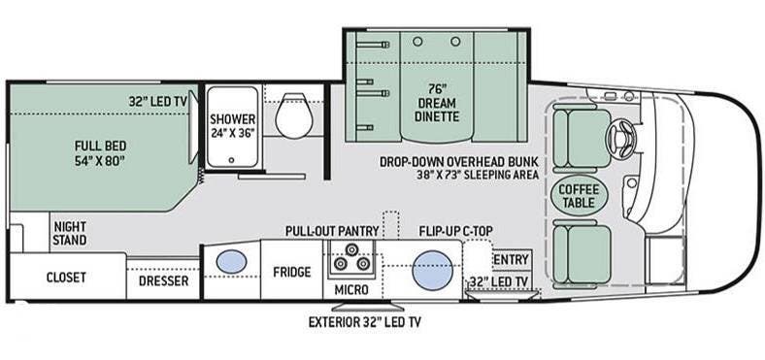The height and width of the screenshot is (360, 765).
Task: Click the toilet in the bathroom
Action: click(294, 115)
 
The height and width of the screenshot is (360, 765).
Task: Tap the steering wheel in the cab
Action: click(621, 138)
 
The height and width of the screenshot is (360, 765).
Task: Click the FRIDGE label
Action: click(292, 272)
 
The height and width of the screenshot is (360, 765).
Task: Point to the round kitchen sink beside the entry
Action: click(433, 271)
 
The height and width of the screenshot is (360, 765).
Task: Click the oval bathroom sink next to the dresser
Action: click(231, 261)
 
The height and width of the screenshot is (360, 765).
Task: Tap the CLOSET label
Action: click(66, 278)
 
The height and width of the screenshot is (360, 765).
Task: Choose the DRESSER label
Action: click(163, 281)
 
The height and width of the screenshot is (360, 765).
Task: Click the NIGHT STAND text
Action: click(70, 233)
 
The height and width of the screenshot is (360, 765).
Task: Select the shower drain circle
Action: click(232, 159)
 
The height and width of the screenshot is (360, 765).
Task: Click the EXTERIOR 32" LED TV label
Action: click(365, 322)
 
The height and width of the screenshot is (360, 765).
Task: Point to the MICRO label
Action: click(350, 290)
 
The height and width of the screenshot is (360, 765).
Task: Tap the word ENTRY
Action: click(512, 260)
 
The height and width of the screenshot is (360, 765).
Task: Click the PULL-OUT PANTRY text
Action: click(332, 231)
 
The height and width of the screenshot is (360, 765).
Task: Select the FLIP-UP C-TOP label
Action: click(455, 231)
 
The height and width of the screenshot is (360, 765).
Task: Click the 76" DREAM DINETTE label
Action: click(438, 103)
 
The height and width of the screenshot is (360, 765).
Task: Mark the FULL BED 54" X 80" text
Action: click(101, 152)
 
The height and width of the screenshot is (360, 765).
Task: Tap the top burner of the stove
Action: click(350, 249)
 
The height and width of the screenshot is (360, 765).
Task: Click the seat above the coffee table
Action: click(582, 138)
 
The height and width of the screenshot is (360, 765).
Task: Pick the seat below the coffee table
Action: click(582, 253)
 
